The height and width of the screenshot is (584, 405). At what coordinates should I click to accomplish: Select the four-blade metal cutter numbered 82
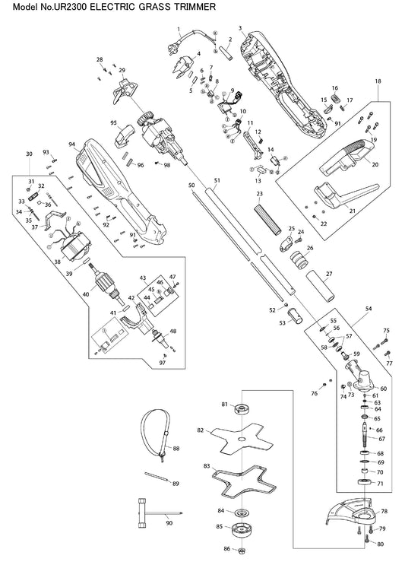[x=242, y=439]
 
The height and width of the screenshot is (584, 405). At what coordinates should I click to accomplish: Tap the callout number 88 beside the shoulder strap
[x=176, y=449]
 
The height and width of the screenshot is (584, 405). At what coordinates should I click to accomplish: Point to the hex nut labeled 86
[x=241, y=551]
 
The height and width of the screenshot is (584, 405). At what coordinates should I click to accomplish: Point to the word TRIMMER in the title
[x=195, y=6]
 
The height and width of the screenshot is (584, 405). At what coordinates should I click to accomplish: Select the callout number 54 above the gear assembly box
[x=369, y=309]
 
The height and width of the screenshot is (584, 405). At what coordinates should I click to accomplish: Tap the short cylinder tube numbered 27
[x=321, y=287]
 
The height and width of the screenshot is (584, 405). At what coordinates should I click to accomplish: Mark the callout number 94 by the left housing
[x=72, y=144]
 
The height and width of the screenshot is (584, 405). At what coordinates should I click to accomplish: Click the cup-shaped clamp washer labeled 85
[x=242, y=530]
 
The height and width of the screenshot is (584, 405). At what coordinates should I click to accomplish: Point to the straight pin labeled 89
[x=157, y=477]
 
